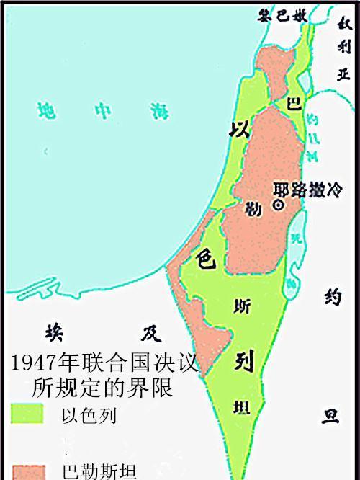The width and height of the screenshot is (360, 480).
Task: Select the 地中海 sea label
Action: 105,110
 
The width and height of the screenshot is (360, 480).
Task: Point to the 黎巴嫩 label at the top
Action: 289,13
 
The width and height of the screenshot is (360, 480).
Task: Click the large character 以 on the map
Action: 238,130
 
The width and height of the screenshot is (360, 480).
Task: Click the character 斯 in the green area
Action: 243,306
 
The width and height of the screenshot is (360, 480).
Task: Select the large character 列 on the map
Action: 242,361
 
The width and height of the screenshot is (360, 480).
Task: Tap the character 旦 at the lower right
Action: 330,417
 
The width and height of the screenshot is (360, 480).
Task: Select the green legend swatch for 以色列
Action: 27,414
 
